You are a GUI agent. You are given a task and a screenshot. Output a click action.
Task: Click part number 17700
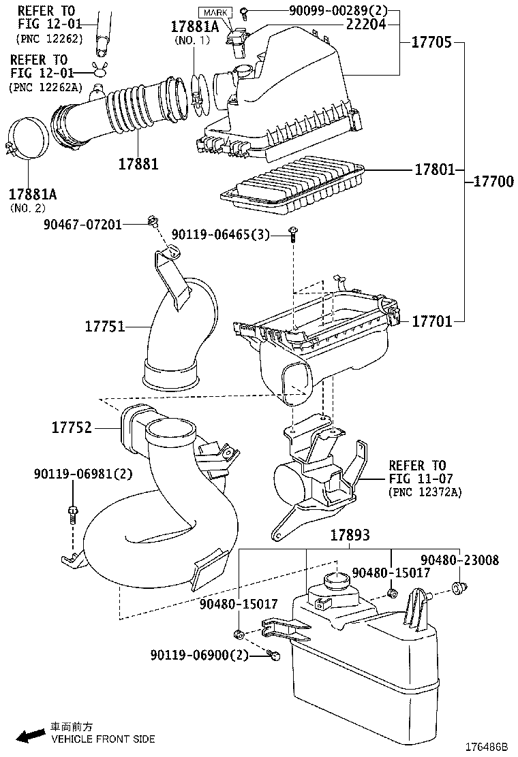pyautogui.click(x=493, y=182)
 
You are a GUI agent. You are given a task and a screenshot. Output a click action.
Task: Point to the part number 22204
pyautogui.click(x=365, y=24)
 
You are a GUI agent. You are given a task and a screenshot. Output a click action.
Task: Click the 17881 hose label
pyautogui.click(x=138, y=164)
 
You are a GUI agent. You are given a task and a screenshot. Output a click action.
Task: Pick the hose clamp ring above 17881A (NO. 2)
pyautogui.click(x=27, y=140)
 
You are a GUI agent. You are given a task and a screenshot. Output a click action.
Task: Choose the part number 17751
pyautogui.click(x=104, y=327)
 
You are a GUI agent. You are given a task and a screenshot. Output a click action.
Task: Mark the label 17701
pyautogui.click(x=431, y=321)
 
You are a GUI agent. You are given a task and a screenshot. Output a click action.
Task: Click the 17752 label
pyautogui.click(x=72, y=428)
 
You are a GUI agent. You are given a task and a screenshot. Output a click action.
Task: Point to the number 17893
pyautogui.click(x=350, y=535)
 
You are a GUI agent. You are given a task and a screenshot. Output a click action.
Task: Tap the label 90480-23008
pyautogui.click(x=468, y=560)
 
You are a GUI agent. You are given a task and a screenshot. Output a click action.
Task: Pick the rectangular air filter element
pyautogui.click(x=293, y=181)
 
